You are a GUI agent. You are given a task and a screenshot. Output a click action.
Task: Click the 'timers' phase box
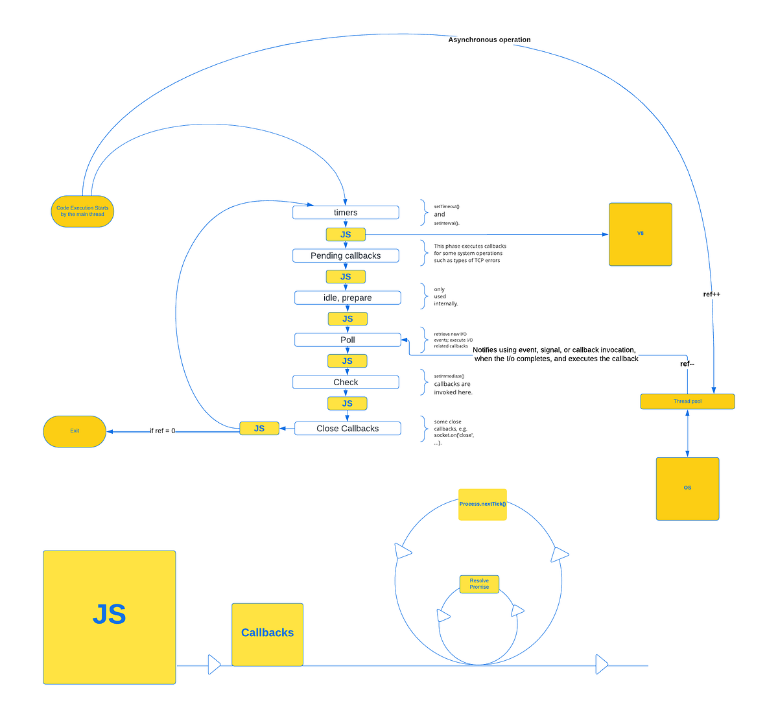346,213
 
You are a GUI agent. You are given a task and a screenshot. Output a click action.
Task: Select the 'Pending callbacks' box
346,256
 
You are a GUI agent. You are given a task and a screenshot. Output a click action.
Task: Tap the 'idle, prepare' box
348,298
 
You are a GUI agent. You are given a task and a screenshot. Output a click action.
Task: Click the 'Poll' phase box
348,340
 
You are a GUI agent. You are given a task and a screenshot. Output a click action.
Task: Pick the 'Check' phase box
346,383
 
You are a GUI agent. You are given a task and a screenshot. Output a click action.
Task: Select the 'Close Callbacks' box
348,429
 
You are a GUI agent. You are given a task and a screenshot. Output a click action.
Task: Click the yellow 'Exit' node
75,431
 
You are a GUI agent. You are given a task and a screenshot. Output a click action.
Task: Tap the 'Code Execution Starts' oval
82,211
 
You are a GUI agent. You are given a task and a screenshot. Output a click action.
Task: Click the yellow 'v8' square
641,234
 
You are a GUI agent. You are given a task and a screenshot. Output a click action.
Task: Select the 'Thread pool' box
687,401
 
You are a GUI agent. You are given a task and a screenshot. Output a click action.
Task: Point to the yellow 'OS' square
687,488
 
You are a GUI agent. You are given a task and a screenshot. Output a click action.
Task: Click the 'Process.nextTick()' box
482,505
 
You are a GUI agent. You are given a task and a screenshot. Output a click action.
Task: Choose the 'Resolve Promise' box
479,584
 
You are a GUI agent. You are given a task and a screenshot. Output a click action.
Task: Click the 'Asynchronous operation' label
489,40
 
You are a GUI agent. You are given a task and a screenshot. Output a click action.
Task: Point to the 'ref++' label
711,294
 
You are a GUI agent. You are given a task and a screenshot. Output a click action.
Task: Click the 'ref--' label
687,364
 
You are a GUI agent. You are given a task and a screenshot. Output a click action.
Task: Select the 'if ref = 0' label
162,431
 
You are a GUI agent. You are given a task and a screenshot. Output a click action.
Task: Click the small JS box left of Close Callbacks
259,429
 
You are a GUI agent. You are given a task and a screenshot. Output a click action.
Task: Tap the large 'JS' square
109,617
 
